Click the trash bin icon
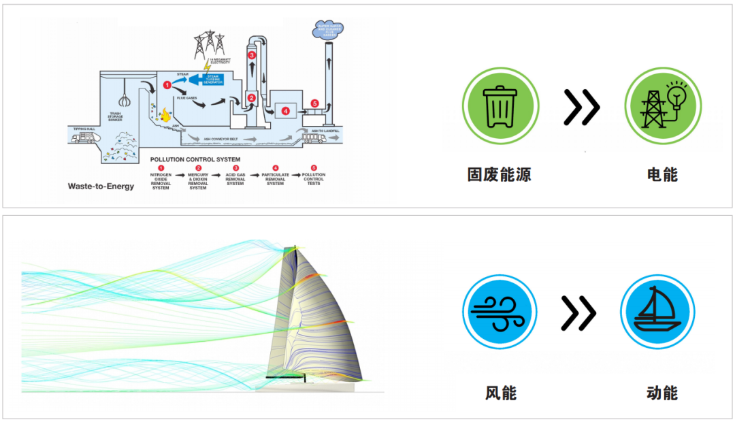coord(500,106)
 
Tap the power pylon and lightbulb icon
coord(662,106)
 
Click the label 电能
coord(662,174)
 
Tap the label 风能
coord(501,393)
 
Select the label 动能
coord(661,393)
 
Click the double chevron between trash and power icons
coord(581,107)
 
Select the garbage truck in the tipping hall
coord(84,138)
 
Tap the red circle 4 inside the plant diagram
coord(285,111)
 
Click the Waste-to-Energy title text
coord(101,186)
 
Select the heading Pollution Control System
coord(195,159)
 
